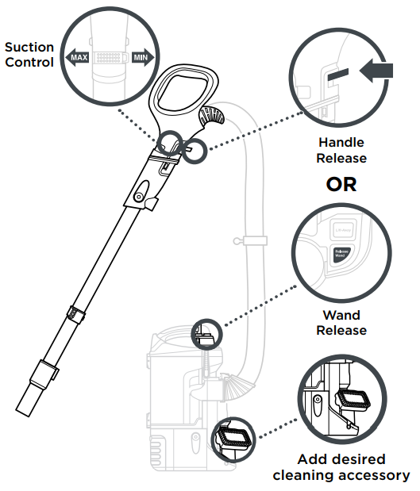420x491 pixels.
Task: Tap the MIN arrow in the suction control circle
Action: (x=140, y=58)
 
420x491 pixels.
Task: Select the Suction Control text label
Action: (x=29, y=55)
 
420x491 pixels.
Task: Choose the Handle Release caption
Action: (x=341, y=150)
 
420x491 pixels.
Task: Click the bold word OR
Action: (x=341, y=184)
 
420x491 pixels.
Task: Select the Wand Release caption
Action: (x=341, y=322)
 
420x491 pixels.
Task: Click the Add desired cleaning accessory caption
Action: (x=341, y=467)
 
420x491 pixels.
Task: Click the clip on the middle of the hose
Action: (x=252, y=240)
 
